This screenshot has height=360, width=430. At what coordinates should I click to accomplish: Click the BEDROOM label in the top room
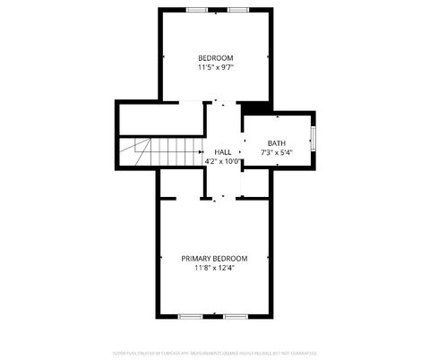215,58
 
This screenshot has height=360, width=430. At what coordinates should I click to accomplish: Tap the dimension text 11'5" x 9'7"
215,67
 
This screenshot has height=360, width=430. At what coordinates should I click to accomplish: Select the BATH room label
276,143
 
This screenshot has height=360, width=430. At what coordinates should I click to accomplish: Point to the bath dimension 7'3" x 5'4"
276,153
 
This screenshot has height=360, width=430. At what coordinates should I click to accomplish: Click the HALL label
222,152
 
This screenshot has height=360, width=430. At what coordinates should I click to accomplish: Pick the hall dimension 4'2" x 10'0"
222,162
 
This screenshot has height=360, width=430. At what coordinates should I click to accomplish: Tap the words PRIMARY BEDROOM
214,258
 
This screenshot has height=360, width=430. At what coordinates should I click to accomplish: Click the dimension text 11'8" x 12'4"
214,268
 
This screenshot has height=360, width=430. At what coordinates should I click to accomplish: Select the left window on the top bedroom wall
196,10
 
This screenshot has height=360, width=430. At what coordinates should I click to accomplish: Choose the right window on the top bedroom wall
237,10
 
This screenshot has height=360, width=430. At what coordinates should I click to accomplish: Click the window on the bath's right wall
313,138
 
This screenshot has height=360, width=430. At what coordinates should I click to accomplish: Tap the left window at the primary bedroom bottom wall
190,316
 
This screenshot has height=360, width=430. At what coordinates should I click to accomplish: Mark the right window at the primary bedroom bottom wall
236,316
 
